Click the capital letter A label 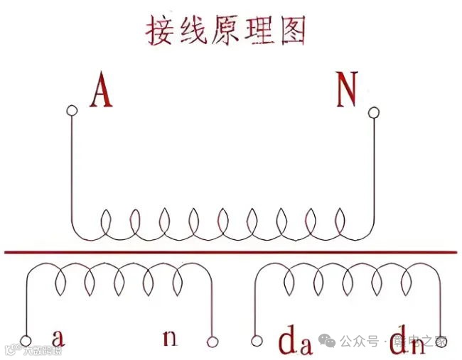pyautogui.click(x=101, y=92)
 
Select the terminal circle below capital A pyautogui.click(x=71, y=110)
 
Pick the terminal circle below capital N pyautogui.click(x=373, y=111)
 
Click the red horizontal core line pyautogui.click(x=231, y=251)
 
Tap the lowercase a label pyautogui.click(x=60, y=336)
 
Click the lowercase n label pyautogui.click(x=169, y=337)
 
